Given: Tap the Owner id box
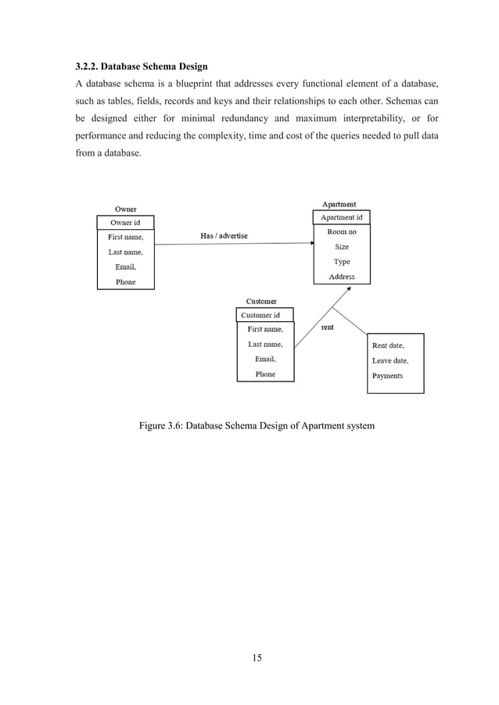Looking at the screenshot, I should [x=125, y=223].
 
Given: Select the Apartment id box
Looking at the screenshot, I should [x=342, y=217].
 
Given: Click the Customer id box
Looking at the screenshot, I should [x=264, y=315].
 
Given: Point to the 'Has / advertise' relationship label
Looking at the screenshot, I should [x=224, y=236].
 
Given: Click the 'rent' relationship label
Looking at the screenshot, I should [x=327, y=327].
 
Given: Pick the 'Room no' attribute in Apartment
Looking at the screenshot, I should [x=342, y=232].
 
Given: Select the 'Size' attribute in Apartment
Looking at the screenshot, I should [x=342, y=247].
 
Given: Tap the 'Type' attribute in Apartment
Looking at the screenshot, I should [x=342, y=262].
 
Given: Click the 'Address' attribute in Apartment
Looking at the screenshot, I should [x=342, y=277].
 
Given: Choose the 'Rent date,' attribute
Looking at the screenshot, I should [x=388, y=345].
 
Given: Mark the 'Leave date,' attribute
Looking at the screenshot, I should [x=390, y=360].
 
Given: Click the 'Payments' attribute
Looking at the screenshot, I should [x=387, y=376].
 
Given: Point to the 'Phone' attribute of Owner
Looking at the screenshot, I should [x=125, y=282].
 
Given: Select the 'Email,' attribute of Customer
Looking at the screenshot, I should [x=265, y=360].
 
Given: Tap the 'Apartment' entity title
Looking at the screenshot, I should [x=339, y=205].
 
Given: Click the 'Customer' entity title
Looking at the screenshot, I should [x=261, y=302].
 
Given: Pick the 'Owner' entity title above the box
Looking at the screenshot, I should [x=126, y=209].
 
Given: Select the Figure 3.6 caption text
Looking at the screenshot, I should [x=257, y=426].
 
